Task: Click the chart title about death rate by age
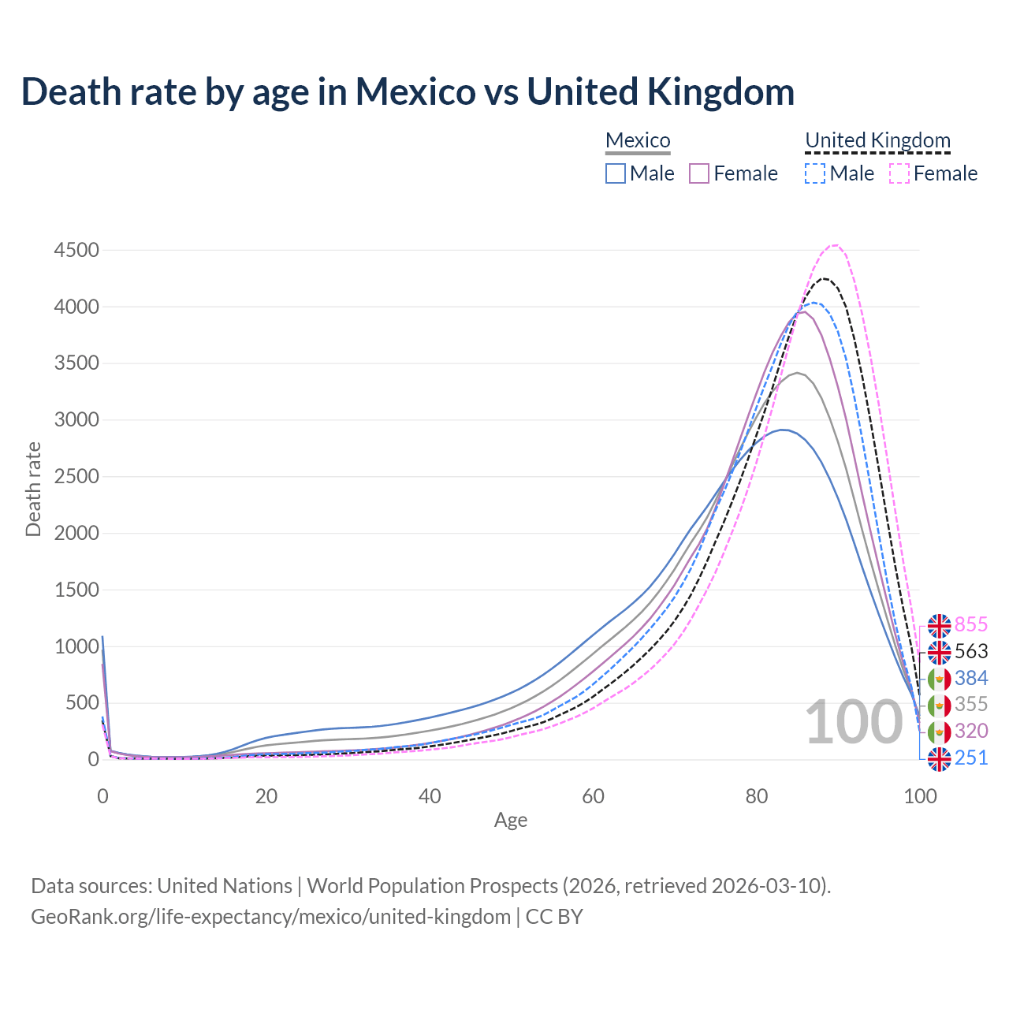[x=408, y=91]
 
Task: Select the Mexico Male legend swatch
[x=616, y=173]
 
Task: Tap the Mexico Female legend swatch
[x=699, y=173]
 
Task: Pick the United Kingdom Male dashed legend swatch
[x=815, y=173]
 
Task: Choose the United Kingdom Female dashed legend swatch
[x=899, y=173]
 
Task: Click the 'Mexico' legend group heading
[x=638, y=141]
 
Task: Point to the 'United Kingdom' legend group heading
[x=877, y=141]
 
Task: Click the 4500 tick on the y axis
[x=76, y=251]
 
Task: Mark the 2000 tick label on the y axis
[x=76, y=534]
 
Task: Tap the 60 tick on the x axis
[x=593, y=796]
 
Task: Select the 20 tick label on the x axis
[x=266, y=796]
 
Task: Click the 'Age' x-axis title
[x=511, y=821]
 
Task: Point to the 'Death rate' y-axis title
[x=33, y=490]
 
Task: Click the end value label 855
[x=971, y=625]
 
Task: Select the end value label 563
[x=971, y=652]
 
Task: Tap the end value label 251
[x=971, y=758]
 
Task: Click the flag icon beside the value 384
[x=939, y=679]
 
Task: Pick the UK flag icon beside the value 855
[x=939, y=626]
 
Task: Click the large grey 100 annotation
[x=854, y=722]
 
